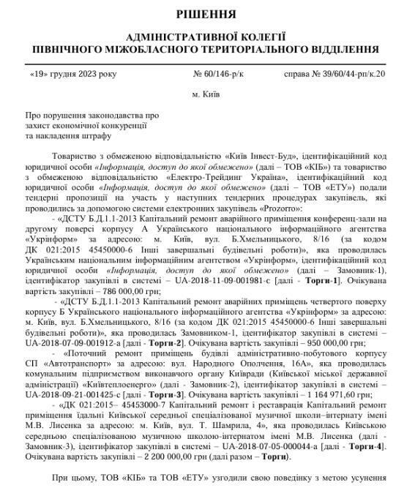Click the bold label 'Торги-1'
point(350,279)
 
